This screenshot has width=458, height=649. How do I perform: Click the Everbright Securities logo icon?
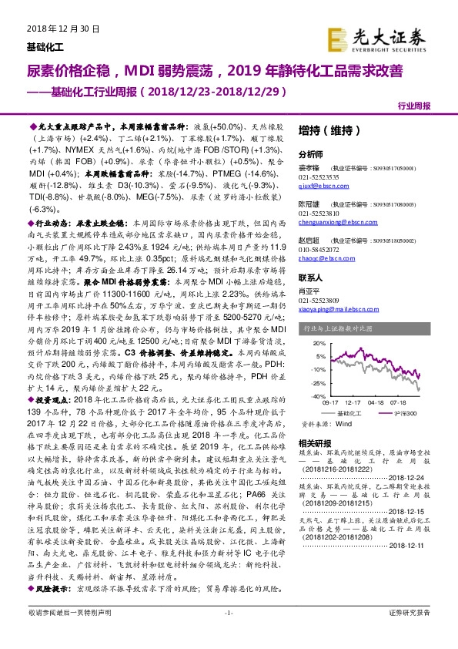[336, 37]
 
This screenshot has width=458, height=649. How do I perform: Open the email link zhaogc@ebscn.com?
[320, 258]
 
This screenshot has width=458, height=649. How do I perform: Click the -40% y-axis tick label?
[310, 395]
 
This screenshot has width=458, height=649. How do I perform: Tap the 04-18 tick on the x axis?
[376, 402]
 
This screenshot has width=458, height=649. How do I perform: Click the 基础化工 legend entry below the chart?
[348, 414]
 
